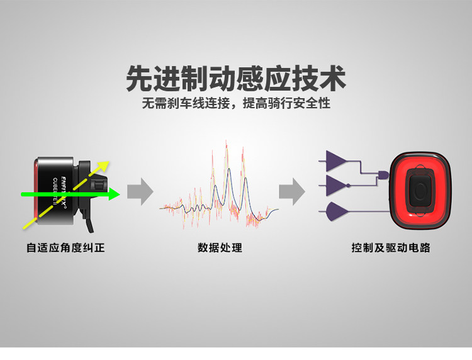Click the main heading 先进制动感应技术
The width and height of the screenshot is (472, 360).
tap(235, 79)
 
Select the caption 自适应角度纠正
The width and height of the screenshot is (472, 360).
tap(65, 248)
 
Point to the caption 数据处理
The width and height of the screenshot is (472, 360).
tap(220, 248)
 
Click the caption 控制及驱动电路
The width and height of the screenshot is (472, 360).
tap(390, 248)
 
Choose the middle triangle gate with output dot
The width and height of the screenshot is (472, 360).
tap(337, 185)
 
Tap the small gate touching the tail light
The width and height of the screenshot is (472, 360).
tap(383, 174)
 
